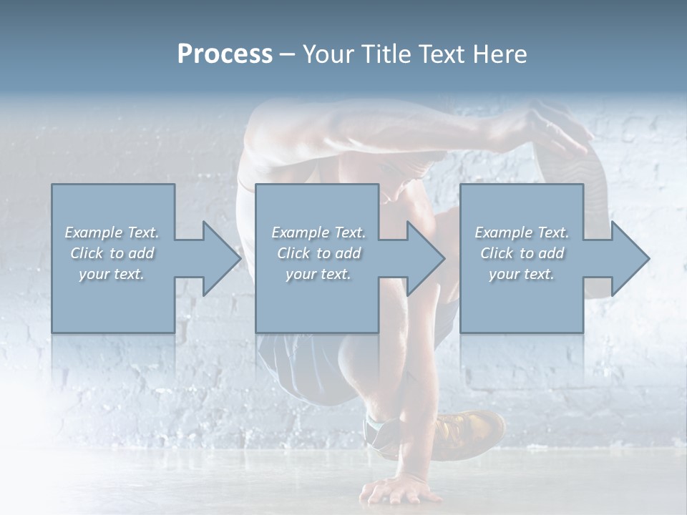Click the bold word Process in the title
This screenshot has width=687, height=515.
click(225, 54)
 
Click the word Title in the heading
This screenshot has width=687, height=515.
click(384, 54)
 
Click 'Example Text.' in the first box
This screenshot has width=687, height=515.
click(112, 232)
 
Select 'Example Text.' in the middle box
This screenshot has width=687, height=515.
click(318, 232)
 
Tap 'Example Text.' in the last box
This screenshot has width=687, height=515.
click(522, 232)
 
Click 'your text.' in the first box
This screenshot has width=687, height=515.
click(112, 274)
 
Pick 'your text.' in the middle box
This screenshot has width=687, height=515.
click(318, 274)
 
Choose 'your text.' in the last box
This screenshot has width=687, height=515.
click(522, 274)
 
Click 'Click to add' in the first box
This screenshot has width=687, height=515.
click(112, 253)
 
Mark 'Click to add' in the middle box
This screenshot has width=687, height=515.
click(318, 253)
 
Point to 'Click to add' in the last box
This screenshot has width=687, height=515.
click(522, 253)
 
